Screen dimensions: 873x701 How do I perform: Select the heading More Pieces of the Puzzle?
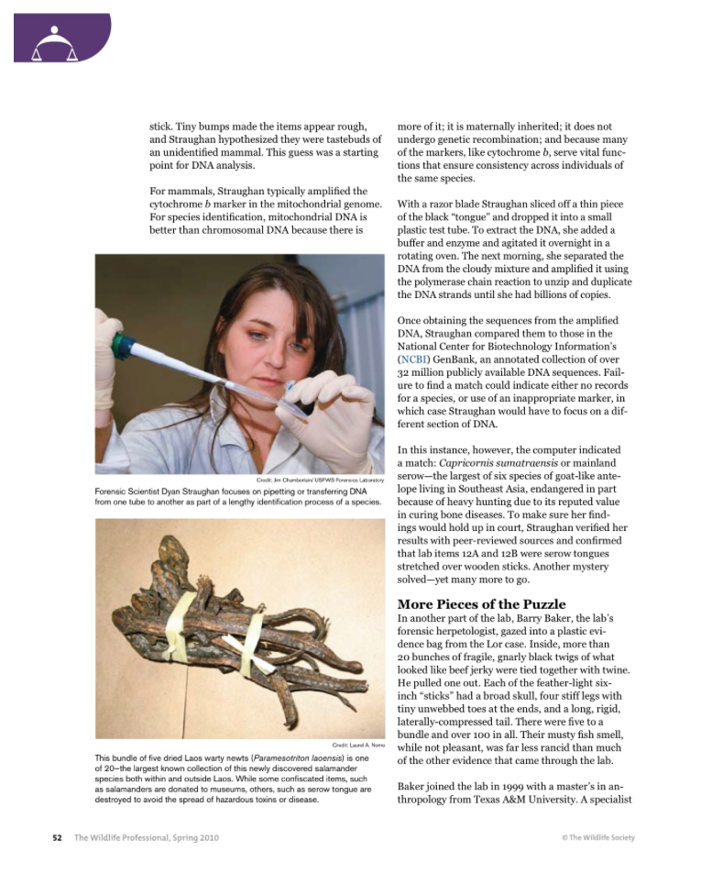[x=481, y=604]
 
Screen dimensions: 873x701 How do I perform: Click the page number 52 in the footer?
[x=57, y=837]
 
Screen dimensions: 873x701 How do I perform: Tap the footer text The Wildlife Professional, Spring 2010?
[x=147, y=837]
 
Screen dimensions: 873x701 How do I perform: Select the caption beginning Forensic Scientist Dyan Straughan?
[x=237, y=496]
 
